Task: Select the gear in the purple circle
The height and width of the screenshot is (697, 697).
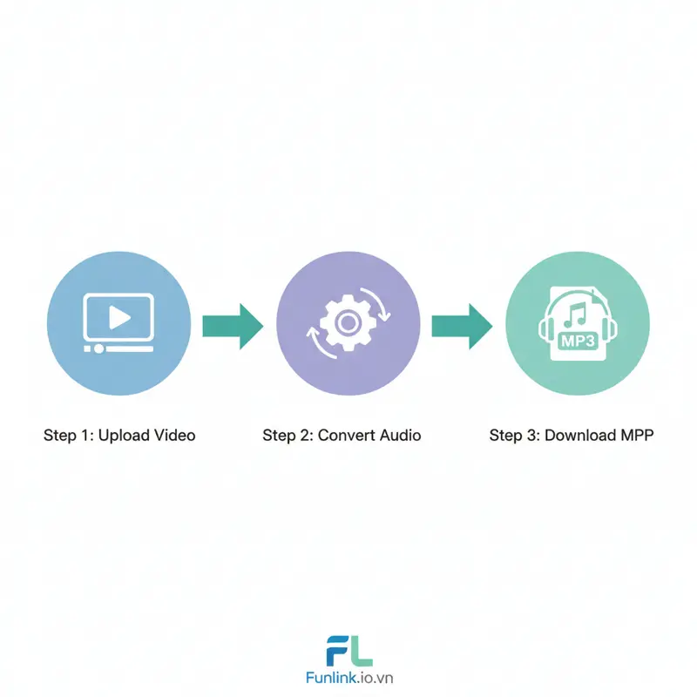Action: point(348,323)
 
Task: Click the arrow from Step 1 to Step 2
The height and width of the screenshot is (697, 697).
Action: point(233,325)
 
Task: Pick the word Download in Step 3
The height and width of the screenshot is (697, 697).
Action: point(580,435)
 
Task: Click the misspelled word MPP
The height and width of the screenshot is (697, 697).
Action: point(638,435)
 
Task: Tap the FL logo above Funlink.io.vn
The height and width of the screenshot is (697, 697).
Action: point(348,651)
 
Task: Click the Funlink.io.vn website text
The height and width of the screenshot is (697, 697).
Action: point(348,678)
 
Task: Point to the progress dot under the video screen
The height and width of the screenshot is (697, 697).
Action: point(99,348)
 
